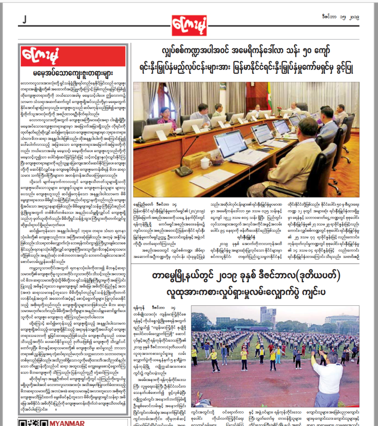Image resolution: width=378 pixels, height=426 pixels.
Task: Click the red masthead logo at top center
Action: click(x=189, y=25)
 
